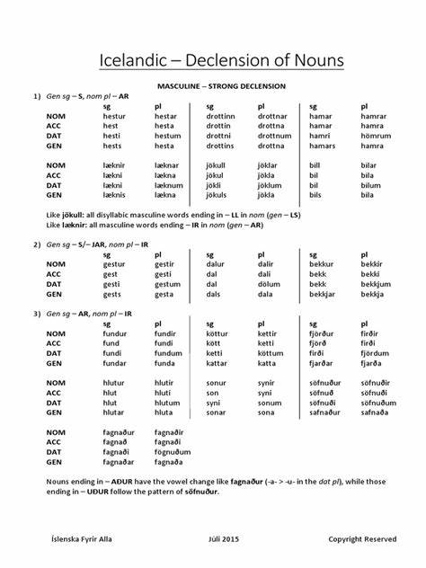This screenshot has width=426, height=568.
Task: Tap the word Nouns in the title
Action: coord(306,61)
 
